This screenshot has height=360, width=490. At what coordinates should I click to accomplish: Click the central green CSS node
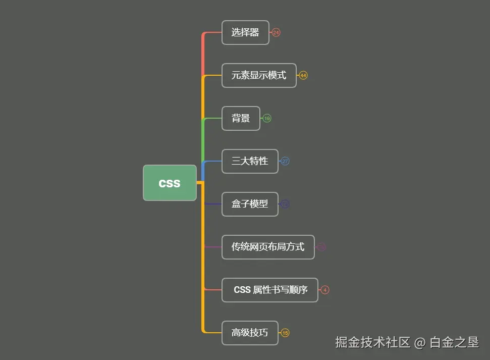170,183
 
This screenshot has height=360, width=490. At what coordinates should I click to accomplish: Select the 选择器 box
245,32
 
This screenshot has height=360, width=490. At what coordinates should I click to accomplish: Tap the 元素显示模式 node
259,75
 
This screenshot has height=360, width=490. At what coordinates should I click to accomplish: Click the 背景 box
241,118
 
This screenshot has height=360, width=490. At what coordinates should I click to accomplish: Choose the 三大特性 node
250,161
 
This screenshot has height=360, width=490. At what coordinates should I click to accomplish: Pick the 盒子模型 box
250,204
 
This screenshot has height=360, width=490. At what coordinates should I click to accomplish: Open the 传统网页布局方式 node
268,247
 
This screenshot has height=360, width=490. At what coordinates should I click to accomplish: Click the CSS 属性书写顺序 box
270,290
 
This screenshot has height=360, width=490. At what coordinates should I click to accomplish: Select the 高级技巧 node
250,333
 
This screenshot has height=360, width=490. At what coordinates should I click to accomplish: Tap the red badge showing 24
276,32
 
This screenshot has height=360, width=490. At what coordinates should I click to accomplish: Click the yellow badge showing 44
303,75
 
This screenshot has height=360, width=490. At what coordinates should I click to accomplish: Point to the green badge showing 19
267,118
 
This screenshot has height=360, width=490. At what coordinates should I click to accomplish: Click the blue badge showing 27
285,161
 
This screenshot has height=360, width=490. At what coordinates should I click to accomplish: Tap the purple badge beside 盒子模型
285,204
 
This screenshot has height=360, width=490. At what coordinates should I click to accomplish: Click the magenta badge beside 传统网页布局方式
321,247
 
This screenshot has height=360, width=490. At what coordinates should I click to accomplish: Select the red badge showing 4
325,290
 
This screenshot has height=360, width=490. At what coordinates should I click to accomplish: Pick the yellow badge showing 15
285,333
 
